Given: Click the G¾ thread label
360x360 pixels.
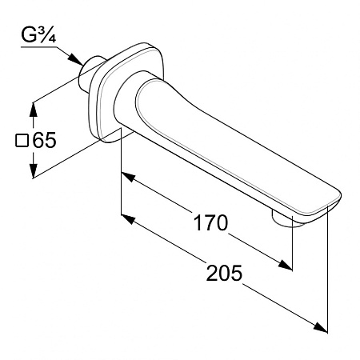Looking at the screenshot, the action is tap(38, 34).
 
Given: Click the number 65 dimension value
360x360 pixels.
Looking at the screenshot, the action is tap(44, 140).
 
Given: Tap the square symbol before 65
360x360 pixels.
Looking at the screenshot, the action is tap(22, 140).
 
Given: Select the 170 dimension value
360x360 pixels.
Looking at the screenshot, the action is tap(210, 223).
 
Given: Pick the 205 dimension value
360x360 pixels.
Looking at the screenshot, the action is tap(224, 273).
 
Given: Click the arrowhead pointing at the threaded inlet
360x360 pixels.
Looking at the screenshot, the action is tap(76, 59).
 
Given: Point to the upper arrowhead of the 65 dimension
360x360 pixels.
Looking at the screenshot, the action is tap(33, 110).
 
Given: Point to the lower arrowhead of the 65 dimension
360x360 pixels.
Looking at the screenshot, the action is tap(33, 170).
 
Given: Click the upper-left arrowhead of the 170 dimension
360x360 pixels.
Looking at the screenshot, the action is tap(128, 177).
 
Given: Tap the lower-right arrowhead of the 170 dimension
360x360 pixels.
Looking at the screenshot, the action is tap(286, 265).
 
